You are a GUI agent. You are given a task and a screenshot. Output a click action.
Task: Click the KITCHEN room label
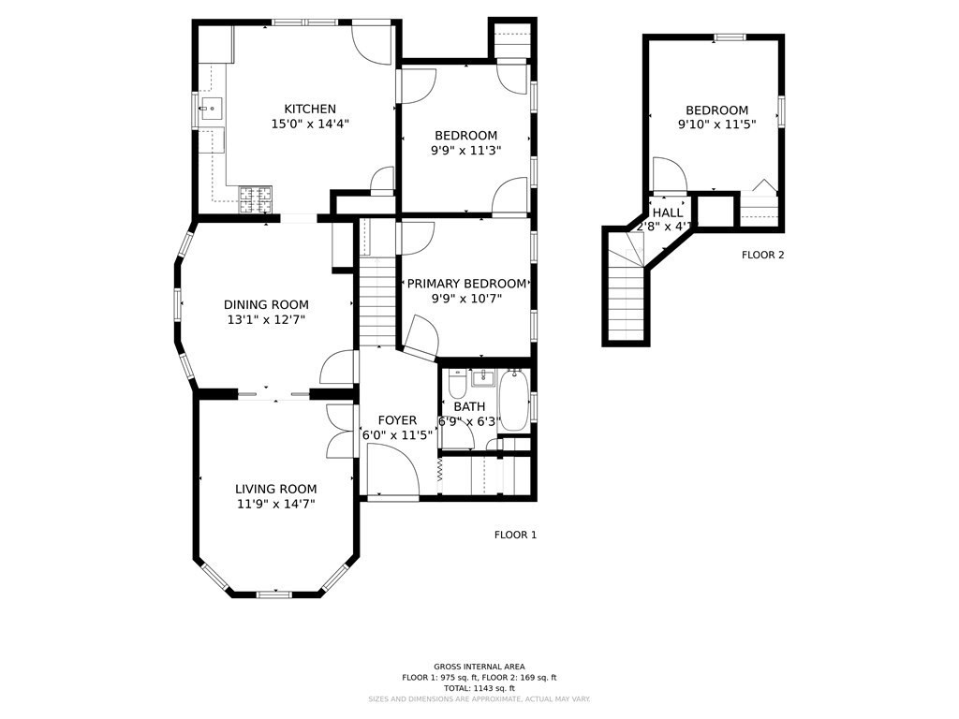[x=310, y=109]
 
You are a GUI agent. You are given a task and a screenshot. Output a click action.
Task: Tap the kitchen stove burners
[x=257, y=198]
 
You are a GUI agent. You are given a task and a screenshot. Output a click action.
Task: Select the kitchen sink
[x=212, y=110]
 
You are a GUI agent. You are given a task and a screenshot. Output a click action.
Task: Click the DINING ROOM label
[x=266, y=304]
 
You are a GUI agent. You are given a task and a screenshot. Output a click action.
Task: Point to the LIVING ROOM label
[x=275, y=489]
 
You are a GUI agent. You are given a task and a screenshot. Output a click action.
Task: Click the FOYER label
[x=397, y=420]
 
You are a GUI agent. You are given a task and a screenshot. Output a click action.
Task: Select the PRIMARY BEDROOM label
[x=466, y=284]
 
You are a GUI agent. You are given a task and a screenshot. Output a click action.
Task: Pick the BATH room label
[x=469, y=406]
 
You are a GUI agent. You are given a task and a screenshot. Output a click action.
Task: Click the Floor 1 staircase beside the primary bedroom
[x=378, y=290]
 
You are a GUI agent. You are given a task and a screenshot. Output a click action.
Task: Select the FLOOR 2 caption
[x=762, y=255]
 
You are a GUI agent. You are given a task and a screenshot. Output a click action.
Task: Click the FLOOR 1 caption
[x=515, y=535]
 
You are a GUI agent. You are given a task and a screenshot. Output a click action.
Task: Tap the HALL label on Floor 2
[x=667, y=213]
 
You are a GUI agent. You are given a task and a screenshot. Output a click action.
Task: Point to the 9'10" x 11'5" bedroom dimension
[x=716, y=124]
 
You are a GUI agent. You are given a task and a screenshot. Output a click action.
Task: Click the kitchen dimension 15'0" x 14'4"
[x=310, y=124]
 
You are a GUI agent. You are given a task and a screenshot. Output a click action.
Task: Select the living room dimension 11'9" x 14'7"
[x=275, y=504]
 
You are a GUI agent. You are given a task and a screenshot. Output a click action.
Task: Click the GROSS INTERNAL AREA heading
[x=479, y=667]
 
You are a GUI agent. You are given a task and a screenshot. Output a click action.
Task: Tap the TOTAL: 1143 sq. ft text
[x=479, y=688]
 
